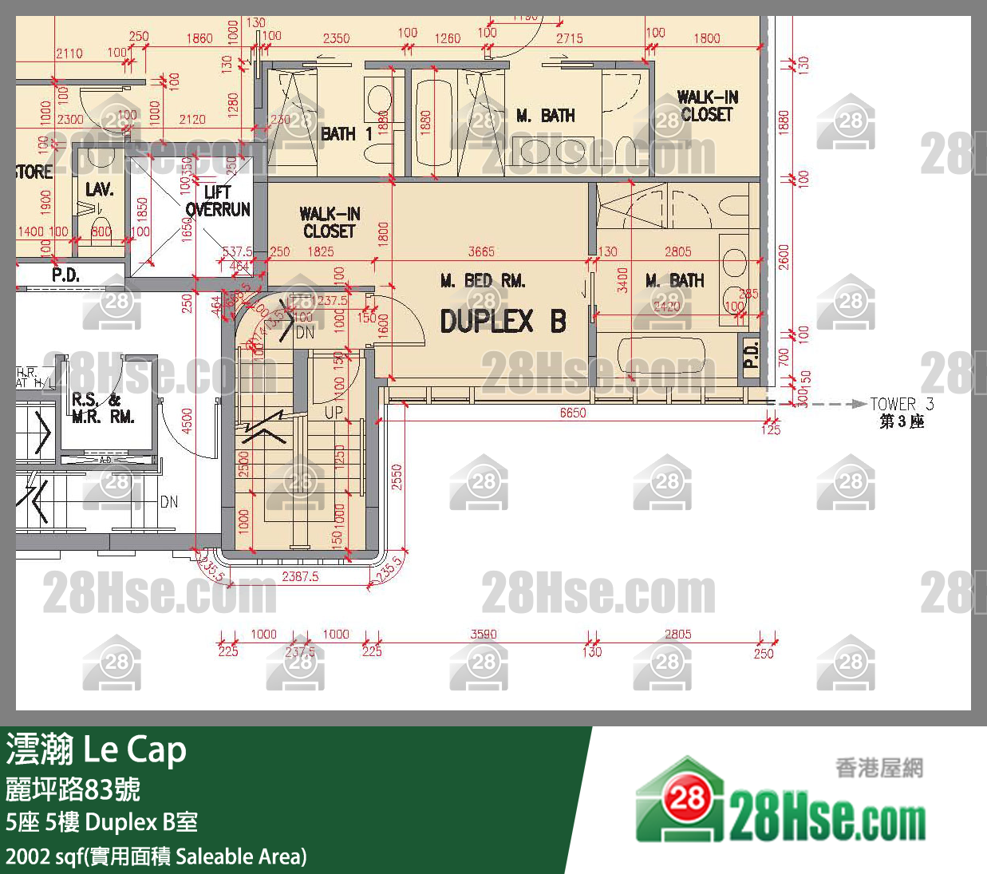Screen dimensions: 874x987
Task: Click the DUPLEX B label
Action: click(x=503, y=322)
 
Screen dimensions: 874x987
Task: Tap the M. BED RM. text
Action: click(x=483, y=281)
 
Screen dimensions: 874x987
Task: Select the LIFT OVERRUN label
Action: click(x=218, y=201)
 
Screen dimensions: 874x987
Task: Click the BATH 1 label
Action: click(x=346, y=134)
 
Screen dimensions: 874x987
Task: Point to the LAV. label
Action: click(x=99, y=189)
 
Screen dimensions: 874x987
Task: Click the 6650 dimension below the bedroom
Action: click(x=572, y=413)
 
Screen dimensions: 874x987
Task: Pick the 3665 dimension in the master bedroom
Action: click(x=480, y=251)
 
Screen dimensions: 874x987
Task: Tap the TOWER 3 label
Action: click(x=902, y=404)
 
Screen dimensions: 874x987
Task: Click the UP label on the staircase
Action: click(x=334, y=413)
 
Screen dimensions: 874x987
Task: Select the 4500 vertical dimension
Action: click(x=188, y=421)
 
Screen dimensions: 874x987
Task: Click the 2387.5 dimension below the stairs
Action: click(x=300, y=576)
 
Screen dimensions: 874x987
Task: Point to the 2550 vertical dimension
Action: click(x=397, y=477)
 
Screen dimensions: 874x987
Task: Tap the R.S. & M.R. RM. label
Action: click(x=103, y=408)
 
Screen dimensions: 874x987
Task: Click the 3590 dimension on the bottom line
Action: click(x=484, y=634)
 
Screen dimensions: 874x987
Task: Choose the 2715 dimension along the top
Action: click(x=569, y=38)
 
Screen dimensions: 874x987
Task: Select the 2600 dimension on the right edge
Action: click(x=784, y=257)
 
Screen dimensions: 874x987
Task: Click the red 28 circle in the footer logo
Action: click(x=686, y=798)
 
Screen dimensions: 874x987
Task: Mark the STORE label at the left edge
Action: click(x=34, y=172)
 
